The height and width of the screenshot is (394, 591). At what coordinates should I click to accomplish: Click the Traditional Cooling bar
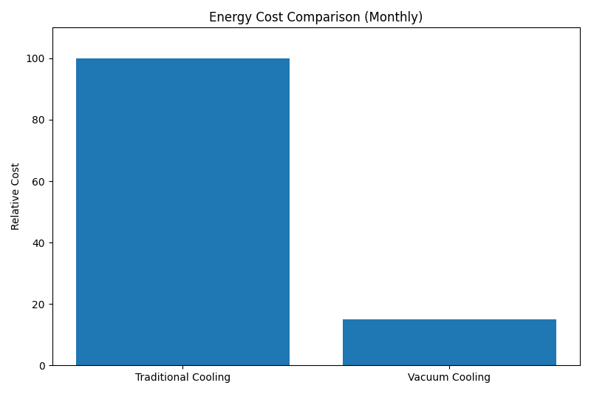182,211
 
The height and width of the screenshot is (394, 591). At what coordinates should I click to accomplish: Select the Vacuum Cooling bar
449,342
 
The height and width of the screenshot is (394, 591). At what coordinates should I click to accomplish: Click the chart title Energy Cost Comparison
315,17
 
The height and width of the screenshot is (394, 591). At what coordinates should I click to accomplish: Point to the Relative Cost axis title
16,197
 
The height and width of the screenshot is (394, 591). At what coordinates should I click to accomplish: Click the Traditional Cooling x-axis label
182,378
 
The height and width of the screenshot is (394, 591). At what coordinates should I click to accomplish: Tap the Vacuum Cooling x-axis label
449,378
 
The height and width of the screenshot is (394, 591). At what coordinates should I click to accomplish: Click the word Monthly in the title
398,17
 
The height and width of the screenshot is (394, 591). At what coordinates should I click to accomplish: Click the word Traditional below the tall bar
163,378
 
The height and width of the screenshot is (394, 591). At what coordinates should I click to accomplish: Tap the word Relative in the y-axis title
16,211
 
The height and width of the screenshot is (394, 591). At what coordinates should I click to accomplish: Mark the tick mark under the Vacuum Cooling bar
449,367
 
